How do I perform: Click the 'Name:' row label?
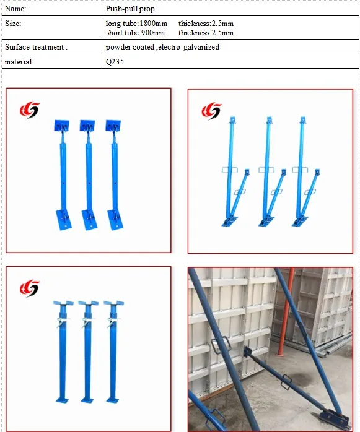coord(16,9)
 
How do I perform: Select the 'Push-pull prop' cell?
coord(130,9)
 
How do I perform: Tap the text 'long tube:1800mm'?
coord(136,24)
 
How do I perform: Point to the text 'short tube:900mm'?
coord(136,32)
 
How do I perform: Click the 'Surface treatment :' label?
coord(36,47)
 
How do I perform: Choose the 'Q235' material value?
coord(115,61)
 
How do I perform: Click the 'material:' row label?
coord(19,61)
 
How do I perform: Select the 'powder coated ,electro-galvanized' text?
coord(162,47)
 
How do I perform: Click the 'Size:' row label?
coord(13,24)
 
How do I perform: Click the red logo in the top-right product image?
coord(211,111)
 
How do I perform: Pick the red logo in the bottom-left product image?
coord(29,288)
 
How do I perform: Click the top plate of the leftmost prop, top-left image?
coord(62,126)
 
